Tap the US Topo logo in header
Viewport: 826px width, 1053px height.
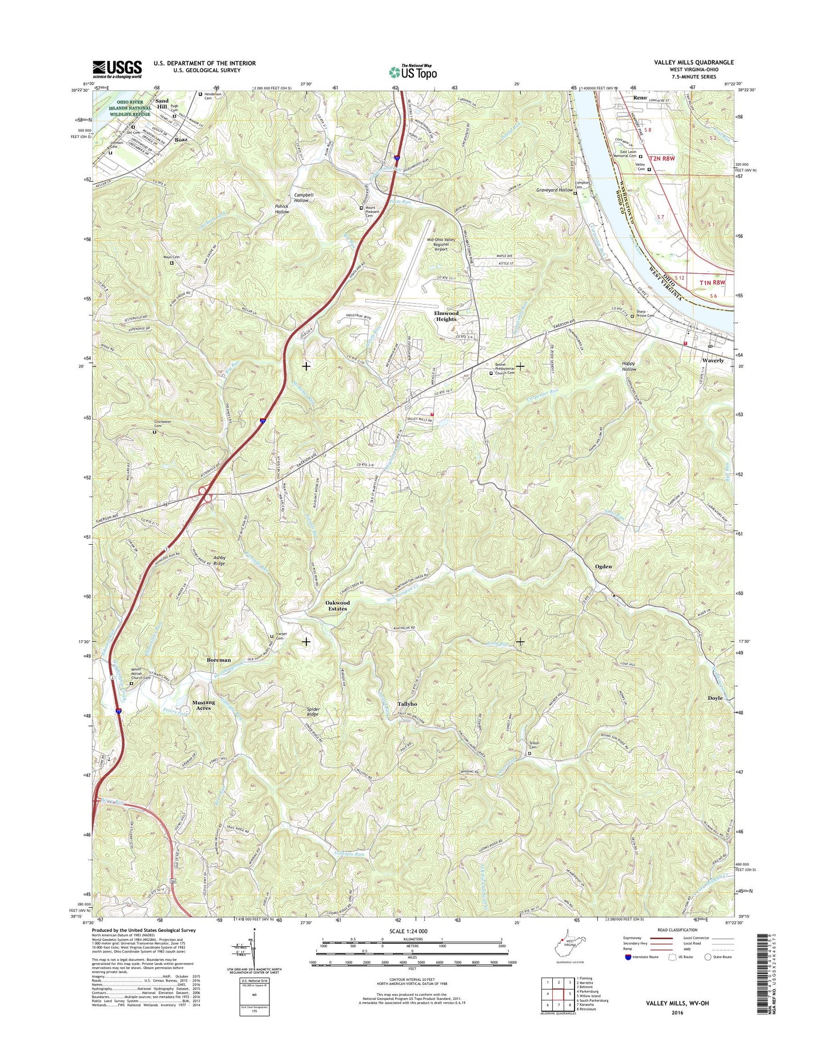click(x=413, y=71)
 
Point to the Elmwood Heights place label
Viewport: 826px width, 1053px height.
click(x=446, y=316)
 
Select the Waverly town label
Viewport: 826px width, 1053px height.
click(x=712, y=361)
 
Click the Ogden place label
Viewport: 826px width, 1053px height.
click(x=603, y=567)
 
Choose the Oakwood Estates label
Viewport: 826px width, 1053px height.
click(x=337, y=605)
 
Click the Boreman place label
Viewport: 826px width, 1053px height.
click(x=219, y=660)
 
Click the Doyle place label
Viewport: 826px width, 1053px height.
click(x=715, y=698)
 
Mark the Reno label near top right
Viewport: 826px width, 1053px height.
click(x=640, y=98)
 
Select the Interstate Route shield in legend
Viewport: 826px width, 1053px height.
click(x=629, y=957)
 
